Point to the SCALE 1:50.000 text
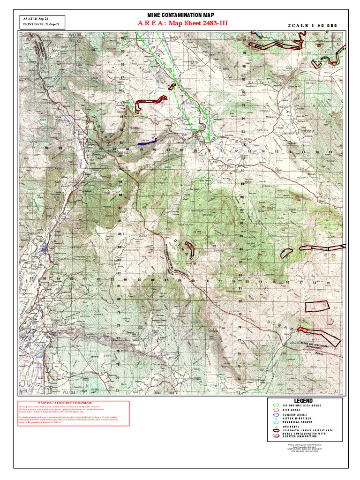pos(312,25)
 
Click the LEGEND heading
pos(303,401)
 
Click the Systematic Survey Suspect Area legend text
pos(309,430)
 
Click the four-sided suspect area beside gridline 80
pos(316,306)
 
